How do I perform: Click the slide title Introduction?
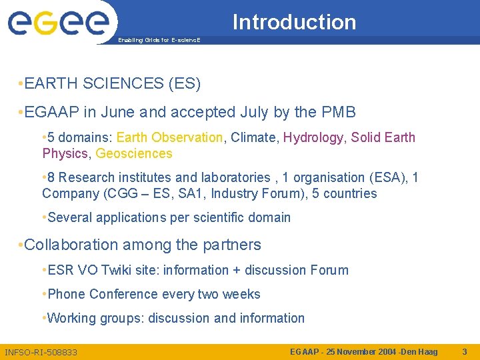tap(294, 22)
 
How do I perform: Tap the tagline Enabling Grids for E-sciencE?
tap(158, 41)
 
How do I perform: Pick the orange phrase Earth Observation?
tap(169, 138)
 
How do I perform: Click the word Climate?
tap(253, 138)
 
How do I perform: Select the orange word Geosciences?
tap(134, 154)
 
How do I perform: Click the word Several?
tap(70, 218)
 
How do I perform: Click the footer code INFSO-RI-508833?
tap(41, 352)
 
